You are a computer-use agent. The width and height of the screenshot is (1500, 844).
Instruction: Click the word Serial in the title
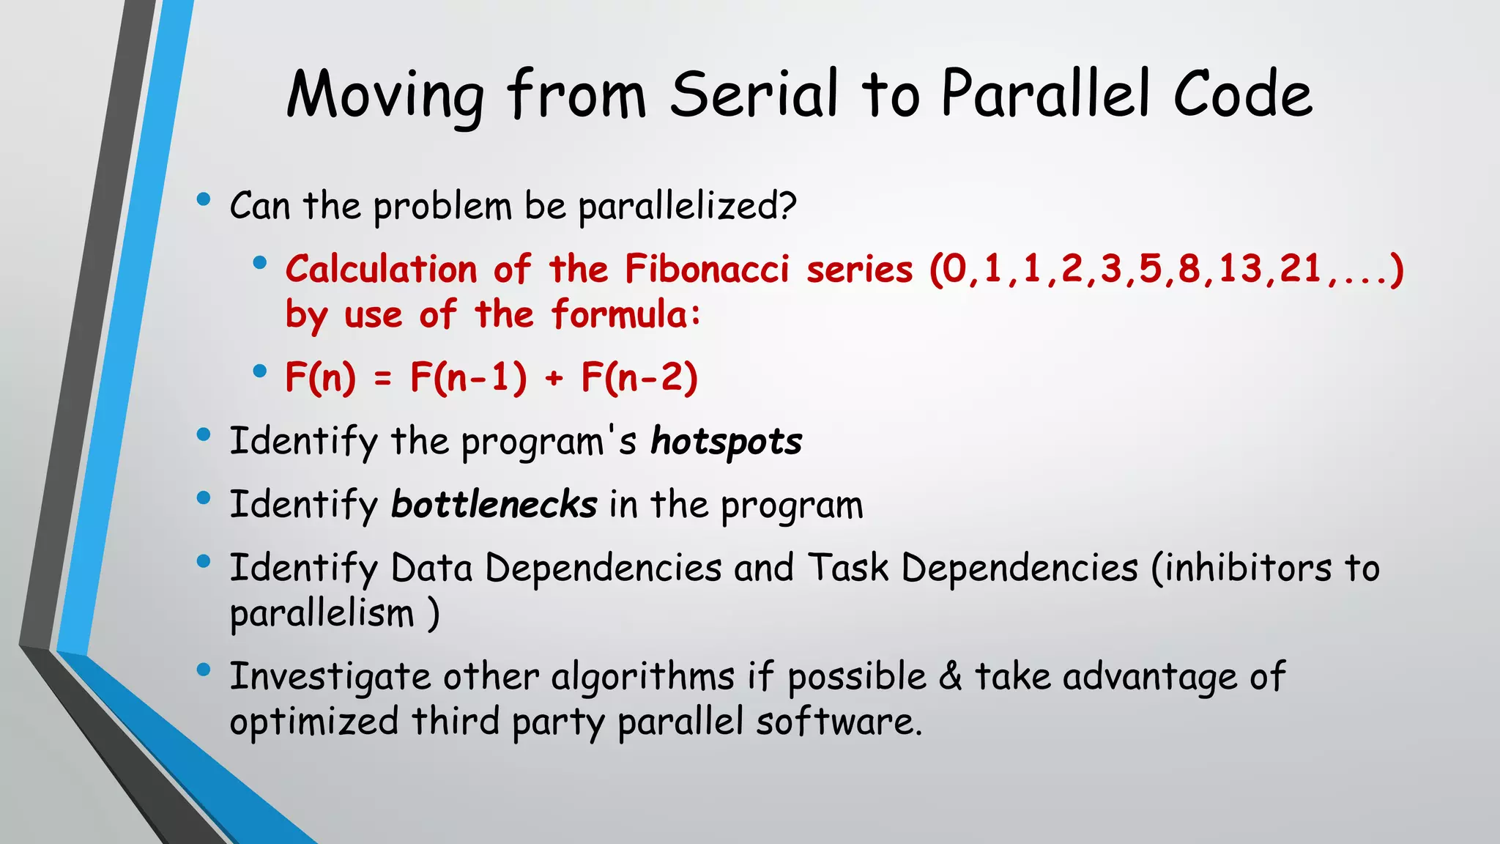point(754,94)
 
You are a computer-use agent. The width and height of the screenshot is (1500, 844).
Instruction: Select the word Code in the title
point(1242,94)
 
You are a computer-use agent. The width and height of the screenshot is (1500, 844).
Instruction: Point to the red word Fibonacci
point(707,269)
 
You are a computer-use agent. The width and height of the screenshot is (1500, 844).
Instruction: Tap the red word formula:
point(626,314)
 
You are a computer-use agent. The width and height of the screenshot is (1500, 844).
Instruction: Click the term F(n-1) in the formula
point(468,377)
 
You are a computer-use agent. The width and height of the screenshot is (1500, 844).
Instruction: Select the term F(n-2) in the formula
point(639,377)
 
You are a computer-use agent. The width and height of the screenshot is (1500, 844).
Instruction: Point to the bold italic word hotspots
point(726,442)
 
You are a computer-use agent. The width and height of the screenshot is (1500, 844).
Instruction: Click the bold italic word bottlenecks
point(494,505)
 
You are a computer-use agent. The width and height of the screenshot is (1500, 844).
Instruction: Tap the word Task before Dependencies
point(848,568)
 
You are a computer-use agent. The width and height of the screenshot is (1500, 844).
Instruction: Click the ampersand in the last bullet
point(950,675)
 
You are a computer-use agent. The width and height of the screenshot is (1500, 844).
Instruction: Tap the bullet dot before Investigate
point(204,669)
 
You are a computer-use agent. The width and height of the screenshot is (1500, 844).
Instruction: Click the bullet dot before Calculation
point(259,262)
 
